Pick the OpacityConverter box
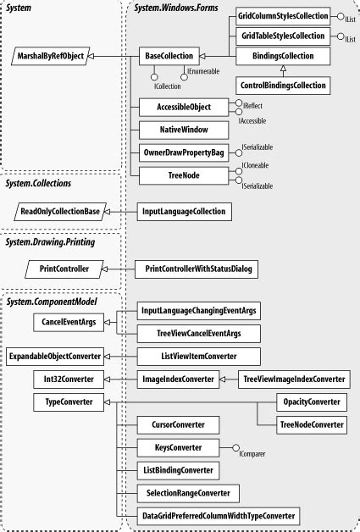coord(311,402)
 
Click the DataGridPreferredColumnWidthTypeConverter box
coord(219,515)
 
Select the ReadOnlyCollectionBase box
coord(64,212)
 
